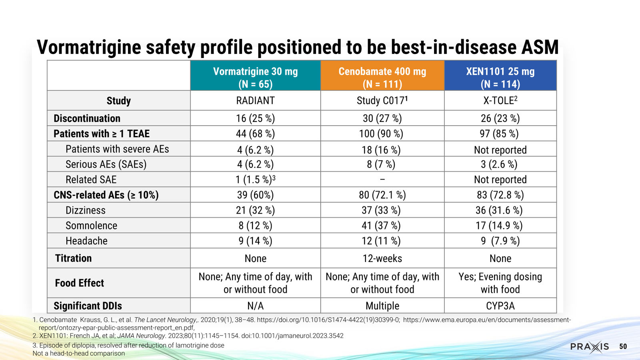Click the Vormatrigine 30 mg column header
coord(256,76)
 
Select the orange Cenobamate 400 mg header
coord(382,76)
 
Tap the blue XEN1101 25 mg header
coord(500,76)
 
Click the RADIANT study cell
coord(256,100)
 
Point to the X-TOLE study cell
coord(500,100)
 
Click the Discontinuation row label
coord(87,118)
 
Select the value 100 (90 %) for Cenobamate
coord(381,134)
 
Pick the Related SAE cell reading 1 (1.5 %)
coord(256,180)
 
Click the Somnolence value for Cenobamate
coord(381,226)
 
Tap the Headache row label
coord(86,241)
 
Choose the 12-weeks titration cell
coord(382,258)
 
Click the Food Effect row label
coord(80,283)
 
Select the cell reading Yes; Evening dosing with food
coord(500,283)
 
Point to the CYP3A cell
coord(500,306)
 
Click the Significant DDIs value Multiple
coord(382,306)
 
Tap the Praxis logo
coord(590,346)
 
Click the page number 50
coord(623,346)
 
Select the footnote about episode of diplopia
coord(128,345)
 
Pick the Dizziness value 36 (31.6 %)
coord(499,210)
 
